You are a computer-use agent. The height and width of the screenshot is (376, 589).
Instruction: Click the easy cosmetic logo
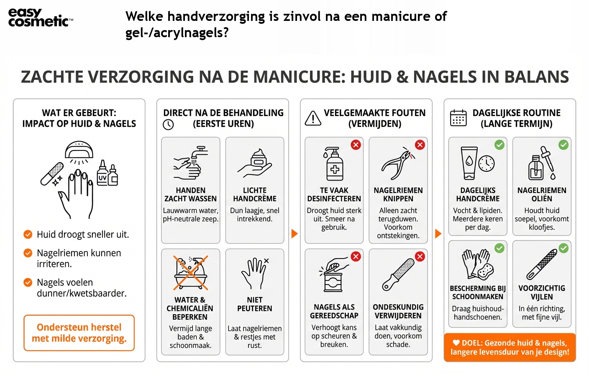point(40,18)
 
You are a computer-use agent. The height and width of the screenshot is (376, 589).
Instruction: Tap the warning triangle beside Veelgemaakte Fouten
point(313,118)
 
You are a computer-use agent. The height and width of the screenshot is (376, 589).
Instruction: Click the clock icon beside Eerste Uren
point(168,124)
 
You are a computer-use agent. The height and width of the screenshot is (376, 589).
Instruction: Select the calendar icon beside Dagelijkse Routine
point(458,118)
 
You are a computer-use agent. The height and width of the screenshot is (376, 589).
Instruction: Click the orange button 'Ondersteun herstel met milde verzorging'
point(79,333)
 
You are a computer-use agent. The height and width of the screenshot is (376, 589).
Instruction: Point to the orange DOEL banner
point(510,347)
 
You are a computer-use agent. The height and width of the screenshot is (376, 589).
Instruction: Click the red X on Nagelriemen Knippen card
point(420,145)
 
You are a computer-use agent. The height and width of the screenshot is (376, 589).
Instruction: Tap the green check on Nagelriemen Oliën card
point(563,145)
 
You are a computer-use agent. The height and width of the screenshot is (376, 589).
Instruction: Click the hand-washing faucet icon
point(190,163)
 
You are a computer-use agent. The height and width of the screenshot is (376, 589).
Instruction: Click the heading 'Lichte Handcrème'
point(254,194)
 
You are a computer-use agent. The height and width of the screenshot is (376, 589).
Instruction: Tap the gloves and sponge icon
point(477,264)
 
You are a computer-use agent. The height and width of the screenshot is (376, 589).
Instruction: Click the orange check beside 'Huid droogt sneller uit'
point(28,234)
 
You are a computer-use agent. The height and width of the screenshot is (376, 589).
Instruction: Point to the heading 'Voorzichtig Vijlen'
point(541,292)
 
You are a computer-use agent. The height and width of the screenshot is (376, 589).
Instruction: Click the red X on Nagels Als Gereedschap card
point(356,257)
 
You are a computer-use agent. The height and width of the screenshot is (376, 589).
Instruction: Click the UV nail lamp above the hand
point(79,150)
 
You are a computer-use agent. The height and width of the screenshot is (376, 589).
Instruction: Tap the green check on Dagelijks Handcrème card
point(499,145)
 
